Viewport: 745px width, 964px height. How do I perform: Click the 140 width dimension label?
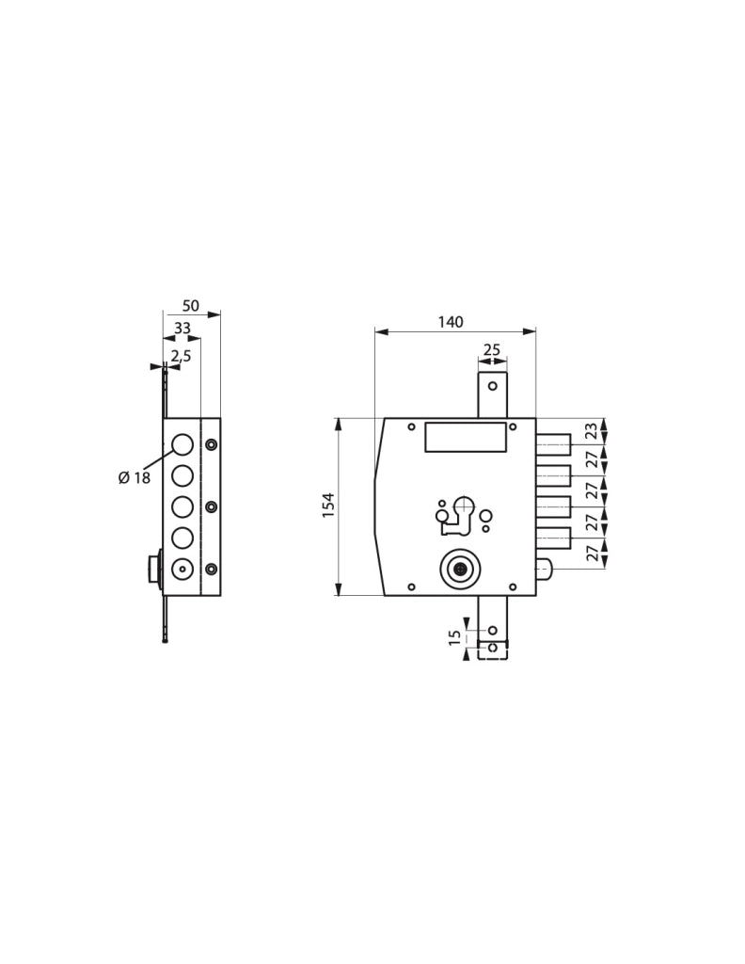pyautogui.click(x=451, y=322)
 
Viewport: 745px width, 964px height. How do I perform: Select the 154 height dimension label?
pyautogui.click(x=328, y=506)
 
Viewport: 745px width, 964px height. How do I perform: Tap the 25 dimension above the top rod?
pyautogui.click(x=492, y=350)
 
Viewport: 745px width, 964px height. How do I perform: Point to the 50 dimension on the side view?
pyautogui.click(x=191, y=305)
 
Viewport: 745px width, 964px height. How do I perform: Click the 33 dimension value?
pyautogui.click(x=182, y=329)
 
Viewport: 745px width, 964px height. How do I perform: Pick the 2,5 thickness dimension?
pyautogui.click(x=182, y=355)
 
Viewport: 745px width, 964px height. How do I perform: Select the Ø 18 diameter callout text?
pyautogui.click(x=134, y=477)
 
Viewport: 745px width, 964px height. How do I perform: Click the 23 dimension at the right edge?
pyautogui.click(x=592, y=430)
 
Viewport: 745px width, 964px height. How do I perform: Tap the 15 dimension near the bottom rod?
pyautogui.click(x=455, y=637)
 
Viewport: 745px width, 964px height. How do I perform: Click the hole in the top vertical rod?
pyautogui.click(x=493, y=386)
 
